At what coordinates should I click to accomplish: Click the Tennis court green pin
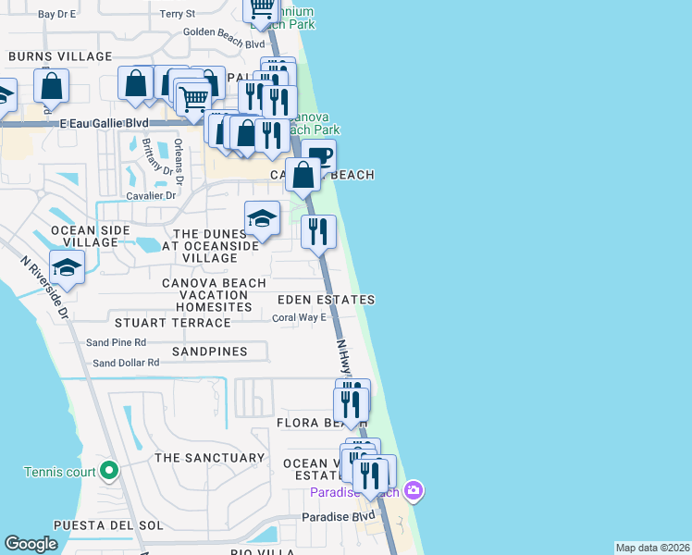click(109, 472)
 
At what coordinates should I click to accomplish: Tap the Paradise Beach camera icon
click(414, 490)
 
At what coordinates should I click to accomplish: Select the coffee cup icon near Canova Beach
click(319, 155)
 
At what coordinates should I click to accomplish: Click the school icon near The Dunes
click(263, 219)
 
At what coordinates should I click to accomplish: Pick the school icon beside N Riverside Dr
click(67, 267)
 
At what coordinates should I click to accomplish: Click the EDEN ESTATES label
click(327, 300)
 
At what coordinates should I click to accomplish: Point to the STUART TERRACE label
click(172, 323)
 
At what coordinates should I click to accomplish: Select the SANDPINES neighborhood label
click(209, 351)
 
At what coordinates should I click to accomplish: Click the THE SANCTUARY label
click(209, 458)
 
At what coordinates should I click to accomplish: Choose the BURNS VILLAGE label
click(60, 56)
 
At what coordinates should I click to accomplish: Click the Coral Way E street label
click(300, 317)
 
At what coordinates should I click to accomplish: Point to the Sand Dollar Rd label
click(126, 363)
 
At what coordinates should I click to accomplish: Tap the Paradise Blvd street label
click(339, 517)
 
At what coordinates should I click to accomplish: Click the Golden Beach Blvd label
click(224, 43)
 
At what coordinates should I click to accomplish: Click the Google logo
click(31, 544)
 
